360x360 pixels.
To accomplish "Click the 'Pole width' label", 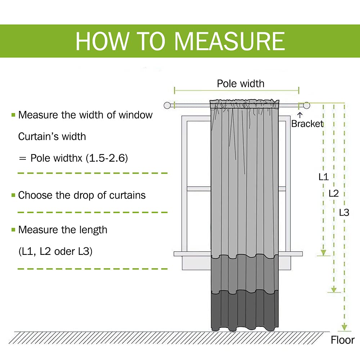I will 240,84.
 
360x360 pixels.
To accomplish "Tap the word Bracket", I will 307,124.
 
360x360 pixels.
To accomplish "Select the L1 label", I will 324,177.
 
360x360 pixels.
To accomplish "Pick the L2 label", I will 334,193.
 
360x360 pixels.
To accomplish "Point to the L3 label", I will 344,212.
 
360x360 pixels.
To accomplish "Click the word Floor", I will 343,340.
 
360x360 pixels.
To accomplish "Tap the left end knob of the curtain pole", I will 167,105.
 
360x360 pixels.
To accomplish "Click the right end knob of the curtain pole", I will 306,105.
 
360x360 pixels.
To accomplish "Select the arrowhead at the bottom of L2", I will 334,289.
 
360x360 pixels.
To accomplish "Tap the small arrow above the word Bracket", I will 300,115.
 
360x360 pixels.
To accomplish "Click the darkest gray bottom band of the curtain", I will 245,310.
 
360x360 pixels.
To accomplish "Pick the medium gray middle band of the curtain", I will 245,274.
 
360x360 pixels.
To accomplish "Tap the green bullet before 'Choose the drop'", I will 13,195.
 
